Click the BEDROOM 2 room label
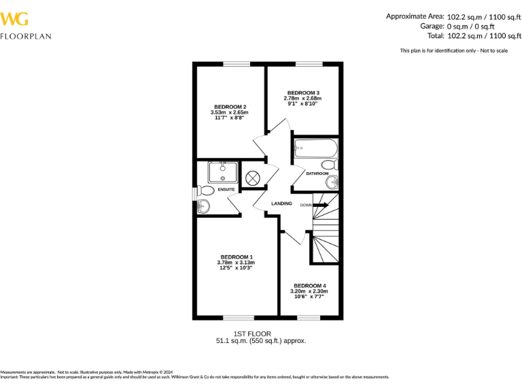click(229, 107)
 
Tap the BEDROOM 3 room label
click(302, 93)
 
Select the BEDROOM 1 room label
click(236, 257)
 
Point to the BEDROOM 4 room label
click(309, 286)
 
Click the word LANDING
click(281, 203)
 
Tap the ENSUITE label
click(226, 189)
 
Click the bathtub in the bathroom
click(315, 148)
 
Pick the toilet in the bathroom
click(329, 165)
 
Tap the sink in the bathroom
click(332, 182)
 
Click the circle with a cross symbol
click(253, 178)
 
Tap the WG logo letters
click(14, 18)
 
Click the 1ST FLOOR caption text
click(252, 333)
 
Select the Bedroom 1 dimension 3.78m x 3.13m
click(236, 262)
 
